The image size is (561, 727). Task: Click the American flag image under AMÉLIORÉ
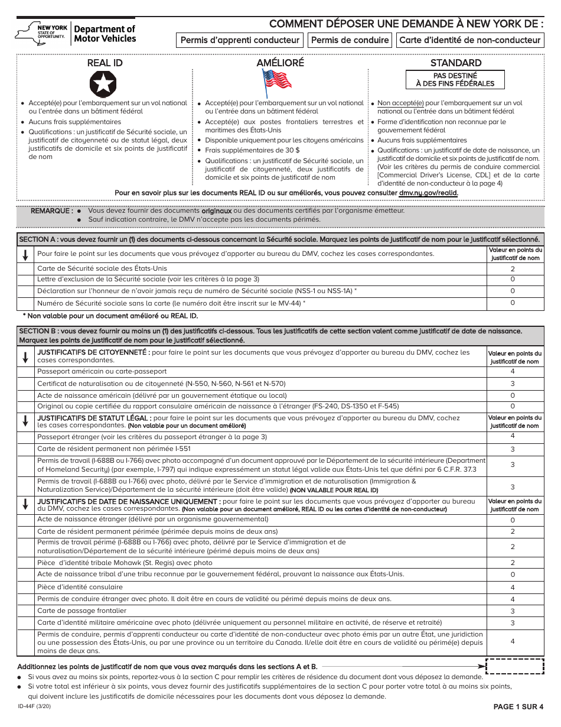pyautogui.click(x=277, y=82)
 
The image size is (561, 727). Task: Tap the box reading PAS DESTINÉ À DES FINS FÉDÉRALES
pyautogui.click(x=455, y=80)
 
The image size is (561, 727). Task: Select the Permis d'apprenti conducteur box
pyautogui.click(x=240, y=40)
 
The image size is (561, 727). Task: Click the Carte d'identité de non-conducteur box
pyautogui.click(x=470, y=40)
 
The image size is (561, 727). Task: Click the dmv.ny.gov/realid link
pyautogui.click(x=428, y=193)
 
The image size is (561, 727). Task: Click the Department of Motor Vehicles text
pyautogui.click(x=105, y=34)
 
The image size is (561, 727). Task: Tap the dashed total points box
pyautogui.click(x=514, y=666)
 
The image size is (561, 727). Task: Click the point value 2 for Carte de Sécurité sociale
pyautogui.click(x=513, y=268)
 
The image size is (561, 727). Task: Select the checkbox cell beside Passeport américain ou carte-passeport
pyautogui.click(x=25, y=371)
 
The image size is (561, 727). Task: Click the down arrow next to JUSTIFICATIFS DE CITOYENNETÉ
pyautogui.click(x=25, y=357)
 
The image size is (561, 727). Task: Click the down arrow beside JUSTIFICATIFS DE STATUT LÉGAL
pyautogui.click(x=25, y=421)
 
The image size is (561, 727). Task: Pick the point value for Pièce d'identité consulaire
pyautogui.click(x=513, y=588)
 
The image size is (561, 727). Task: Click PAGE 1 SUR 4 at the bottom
pyautogui.click(x=518, y=707)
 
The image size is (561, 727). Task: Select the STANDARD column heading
pyautogui.click(x=455, y=63)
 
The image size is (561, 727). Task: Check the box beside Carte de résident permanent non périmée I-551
pyautogui.click(x=25, y=449)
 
